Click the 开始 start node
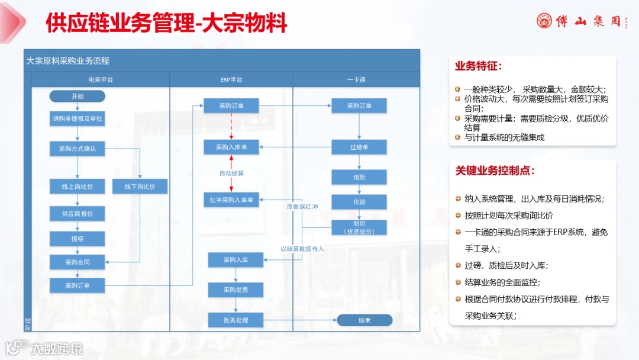tap(78, 96)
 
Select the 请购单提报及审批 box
tap(78, 118)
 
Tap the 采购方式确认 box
tap(78, 149)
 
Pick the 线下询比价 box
tap(140, 187)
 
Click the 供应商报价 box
tap(78, 213)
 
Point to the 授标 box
tap(78, 239)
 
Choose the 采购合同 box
tap(78, 261)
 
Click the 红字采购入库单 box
tap(231, 200)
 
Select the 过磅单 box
tap(359, 147)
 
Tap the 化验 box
tap(359, 201)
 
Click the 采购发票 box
tap(235, 290)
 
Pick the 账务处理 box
tap(235, 320)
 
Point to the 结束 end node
tap(364, 320)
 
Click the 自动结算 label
tap(231, 173)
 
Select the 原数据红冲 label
tap(302, 207)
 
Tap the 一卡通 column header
tap(356, 79)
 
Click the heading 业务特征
tap(478, 66)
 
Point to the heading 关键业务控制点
tap(495, 171)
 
